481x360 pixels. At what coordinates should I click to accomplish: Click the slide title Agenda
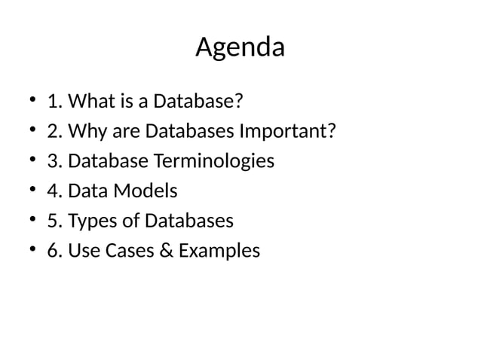(x=240, y=48)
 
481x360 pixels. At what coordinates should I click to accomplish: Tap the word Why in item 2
(x=84, y=132)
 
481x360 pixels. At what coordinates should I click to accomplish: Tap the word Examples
(x=220, y=251)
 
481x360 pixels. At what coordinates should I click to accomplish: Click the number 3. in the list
(x=55, y=161)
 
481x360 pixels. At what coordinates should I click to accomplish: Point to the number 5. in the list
(x=55, y=221)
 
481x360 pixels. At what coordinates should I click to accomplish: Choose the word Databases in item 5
(x=188, y=221)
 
